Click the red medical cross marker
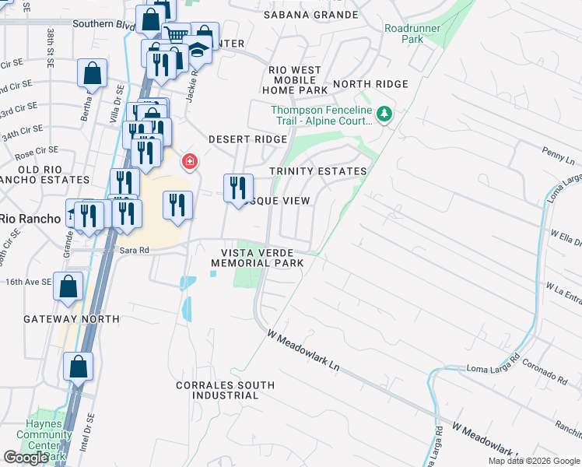[188, 162]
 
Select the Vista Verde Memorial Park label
[257, 258]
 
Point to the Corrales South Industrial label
[225, 390]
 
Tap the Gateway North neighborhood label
[72, 319]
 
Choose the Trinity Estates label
[317, 171]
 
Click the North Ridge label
[370, 84]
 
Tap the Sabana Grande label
[311, 15]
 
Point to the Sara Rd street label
[134, 251]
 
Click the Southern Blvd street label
[103, 24]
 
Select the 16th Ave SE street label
[29, 282]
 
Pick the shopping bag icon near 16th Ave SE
[68, 286]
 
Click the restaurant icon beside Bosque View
[238, 188]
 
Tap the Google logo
[26, 458]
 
